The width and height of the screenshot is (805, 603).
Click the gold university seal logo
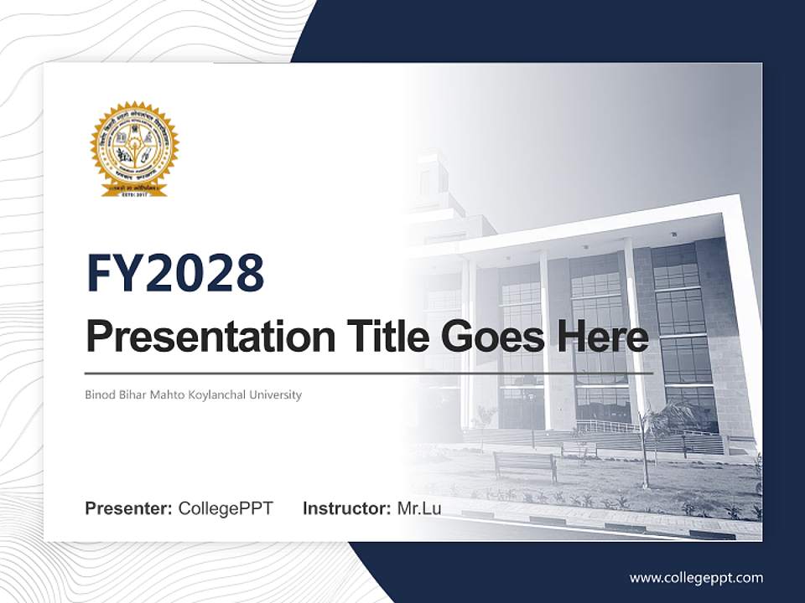coord(134,146)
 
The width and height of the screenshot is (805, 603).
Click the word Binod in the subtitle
coord(99,394)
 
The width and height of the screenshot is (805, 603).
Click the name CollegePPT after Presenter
coord(226,508)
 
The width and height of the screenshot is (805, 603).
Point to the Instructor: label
coord(346,508)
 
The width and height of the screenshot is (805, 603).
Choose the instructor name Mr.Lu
coord(419,508)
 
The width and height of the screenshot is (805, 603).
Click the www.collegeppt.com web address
coord(696,578)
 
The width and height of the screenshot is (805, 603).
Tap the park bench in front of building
coord(524,463)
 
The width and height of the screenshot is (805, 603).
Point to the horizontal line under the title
coord(369,374)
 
